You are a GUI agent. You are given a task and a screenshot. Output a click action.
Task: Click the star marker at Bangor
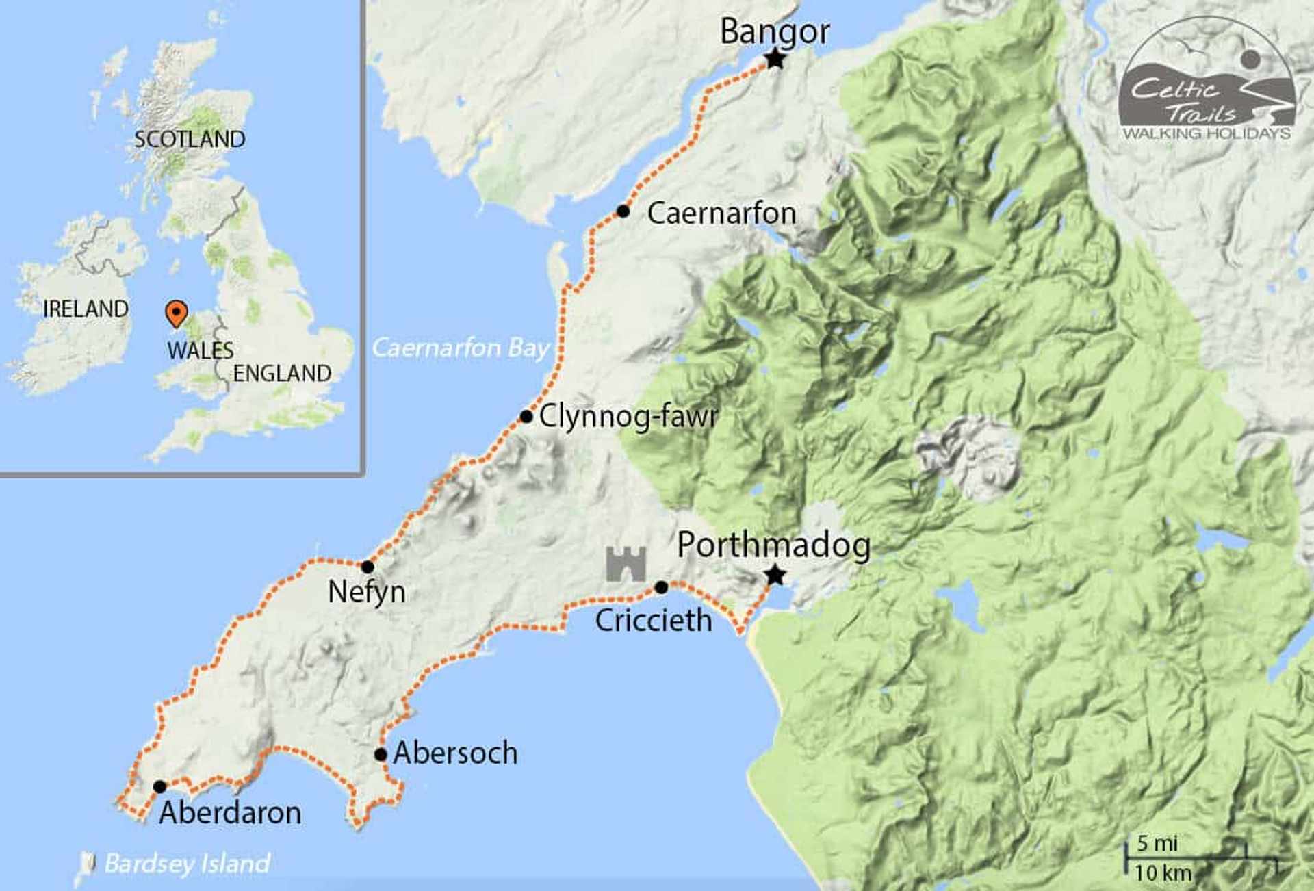tap(775, 60)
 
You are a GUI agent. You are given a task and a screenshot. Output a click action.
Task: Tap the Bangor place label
tap(775, 31)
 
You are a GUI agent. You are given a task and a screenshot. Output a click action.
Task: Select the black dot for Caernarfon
tap(623, 211)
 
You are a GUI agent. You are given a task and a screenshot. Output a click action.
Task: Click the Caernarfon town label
tap(721, 214)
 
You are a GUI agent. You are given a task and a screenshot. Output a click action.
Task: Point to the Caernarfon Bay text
tap(461, 348)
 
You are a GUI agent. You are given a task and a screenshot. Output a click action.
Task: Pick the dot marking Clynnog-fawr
tap(526, 416)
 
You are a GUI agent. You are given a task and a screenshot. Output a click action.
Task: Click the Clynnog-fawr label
tap(628, 416)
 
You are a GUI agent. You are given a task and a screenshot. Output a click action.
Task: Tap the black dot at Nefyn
tap(368, 567)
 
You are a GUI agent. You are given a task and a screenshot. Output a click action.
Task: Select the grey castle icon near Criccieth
tap(626, 564)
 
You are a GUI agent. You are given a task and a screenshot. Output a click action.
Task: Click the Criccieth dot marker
tap(661, 587)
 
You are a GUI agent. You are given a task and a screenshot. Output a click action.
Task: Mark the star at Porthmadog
tap(775, 575)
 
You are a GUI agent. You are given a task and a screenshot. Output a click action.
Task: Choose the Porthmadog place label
tap(773, 545)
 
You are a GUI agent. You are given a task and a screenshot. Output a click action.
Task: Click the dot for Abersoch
tap(381, 754)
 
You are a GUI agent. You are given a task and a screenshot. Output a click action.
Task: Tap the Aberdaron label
tap(230, 813)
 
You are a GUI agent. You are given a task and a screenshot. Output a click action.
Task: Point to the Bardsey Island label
tap(187, 864)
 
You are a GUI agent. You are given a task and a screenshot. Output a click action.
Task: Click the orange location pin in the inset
tap(177, 313)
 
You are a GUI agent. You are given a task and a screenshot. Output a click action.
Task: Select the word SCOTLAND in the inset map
tap(190, 140)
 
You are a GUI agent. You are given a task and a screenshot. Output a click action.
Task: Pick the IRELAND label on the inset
tap(86, 309)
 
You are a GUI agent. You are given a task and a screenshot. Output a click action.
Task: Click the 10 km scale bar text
tap(1163, 873)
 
